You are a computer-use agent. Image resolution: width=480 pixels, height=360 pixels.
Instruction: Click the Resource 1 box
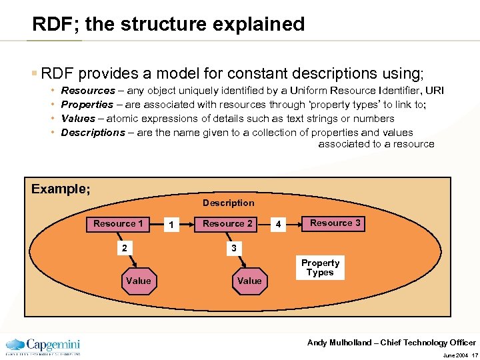tap(118, 224)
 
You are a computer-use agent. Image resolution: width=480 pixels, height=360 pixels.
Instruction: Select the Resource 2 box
tap(227, 224)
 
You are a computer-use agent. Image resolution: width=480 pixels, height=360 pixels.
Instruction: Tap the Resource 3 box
tap(335, 223)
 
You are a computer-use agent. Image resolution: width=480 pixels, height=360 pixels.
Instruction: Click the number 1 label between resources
tap(172, 225)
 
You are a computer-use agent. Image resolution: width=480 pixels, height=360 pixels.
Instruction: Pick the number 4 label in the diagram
tap(279, 225)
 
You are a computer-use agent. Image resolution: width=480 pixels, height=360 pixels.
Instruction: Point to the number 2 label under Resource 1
tap(123, 248)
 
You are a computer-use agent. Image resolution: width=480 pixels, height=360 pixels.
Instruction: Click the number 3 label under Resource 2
tap(233, 248)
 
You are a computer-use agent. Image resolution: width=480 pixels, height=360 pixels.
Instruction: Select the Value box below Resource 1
tap(138, 281)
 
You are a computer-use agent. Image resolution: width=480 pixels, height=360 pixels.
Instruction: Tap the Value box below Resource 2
tap(249, 281)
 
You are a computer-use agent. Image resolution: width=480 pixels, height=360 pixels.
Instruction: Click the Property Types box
tap(320, 267)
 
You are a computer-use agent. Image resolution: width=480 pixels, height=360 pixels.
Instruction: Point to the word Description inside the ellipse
tap(228, 203)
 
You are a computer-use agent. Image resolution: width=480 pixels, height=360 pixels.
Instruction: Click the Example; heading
tap(61, 189)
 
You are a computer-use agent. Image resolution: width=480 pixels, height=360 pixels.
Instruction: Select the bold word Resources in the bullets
tap(88, 91)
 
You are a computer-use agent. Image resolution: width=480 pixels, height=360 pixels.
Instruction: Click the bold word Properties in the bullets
tap(87, 105)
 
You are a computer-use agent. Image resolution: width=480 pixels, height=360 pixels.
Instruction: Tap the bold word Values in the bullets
tap(78, 119)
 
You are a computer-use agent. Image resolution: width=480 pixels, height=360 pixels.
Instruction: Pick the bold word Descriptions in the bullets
tap(93, 133)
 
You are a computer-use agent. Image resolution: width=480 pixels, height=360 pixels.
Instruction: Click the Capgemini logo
tap(43, 346)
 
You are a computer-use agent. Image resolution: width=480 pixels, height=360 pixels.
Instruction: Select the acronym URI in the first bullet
tap(435, 91)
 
